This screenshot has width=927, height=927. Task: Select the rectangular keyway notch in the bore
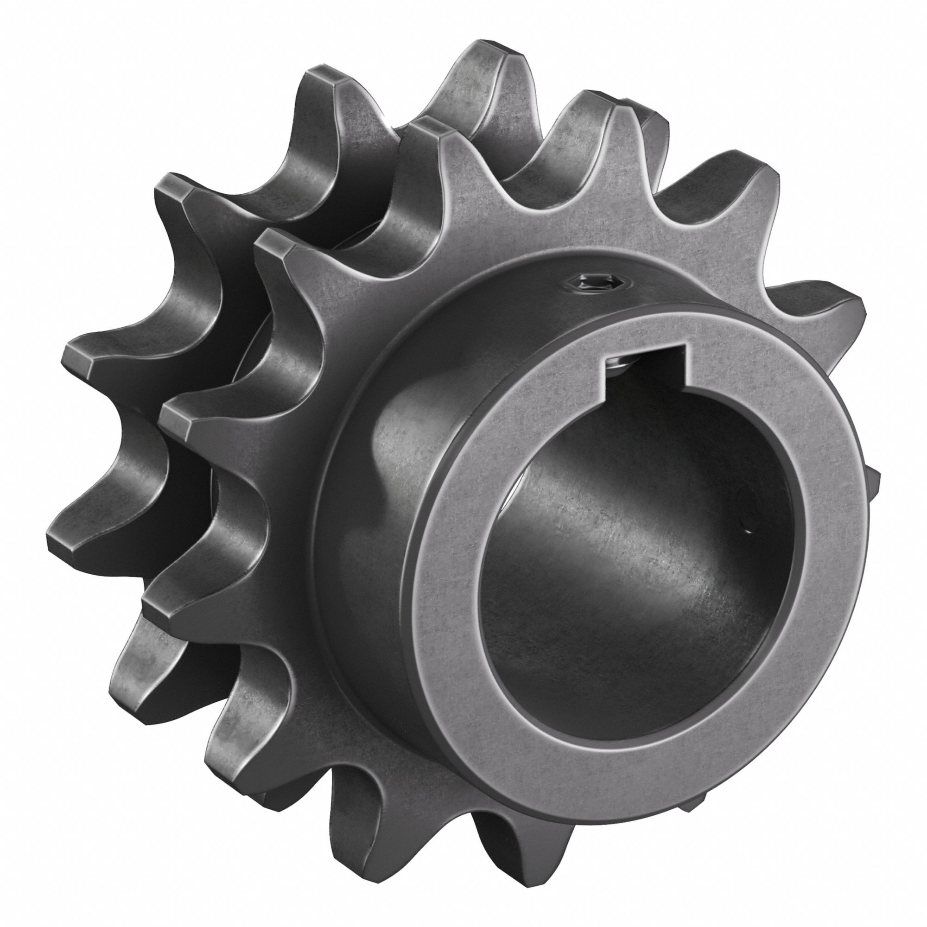pyautogui.click(x=646, y=370)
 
